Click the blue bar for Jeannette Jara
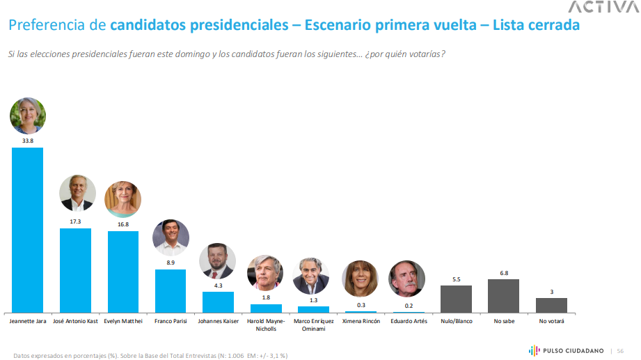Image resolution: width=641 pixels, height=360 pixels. click(27, 230)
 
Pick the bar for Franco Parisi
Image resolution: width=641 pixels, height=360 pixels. click(170, 290)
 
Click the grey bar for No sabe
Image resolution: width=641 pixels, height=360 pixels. click(503, 296)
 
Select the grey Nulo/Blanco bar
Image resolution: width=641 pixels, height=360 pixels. click(456, 299)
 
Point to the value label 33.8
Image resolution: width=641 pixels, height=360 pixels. click(27, 141)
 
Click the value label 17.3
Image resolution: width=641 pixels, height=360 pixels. click(75, 221)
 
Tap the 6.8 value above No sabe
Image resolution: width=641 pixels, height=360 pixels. click(503, 272)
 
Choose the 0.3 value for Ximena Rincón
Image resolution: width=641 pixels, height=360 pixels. click(360, 304)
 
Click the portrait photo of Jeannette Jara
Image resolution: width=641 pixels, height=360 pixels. click(28, 116)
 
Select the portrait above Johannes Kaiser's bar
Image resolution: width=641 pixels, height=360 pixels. click(217, 261)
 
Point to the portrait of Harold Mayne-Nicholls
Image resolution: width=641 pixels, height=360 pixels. click(265, 273)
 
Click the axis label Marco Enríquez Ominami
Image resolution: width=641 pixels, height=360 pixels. click(312, 324)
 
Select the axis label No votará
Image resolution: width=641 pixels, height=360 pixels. click(551, 321)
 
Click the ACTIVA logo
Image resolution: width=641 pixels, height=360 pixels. click(601, 7)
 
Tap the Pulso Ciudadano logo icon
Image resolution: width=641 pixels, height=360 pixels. click(534, 350)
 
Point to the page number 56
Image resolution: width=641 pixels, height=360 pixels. click(621, 350)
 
